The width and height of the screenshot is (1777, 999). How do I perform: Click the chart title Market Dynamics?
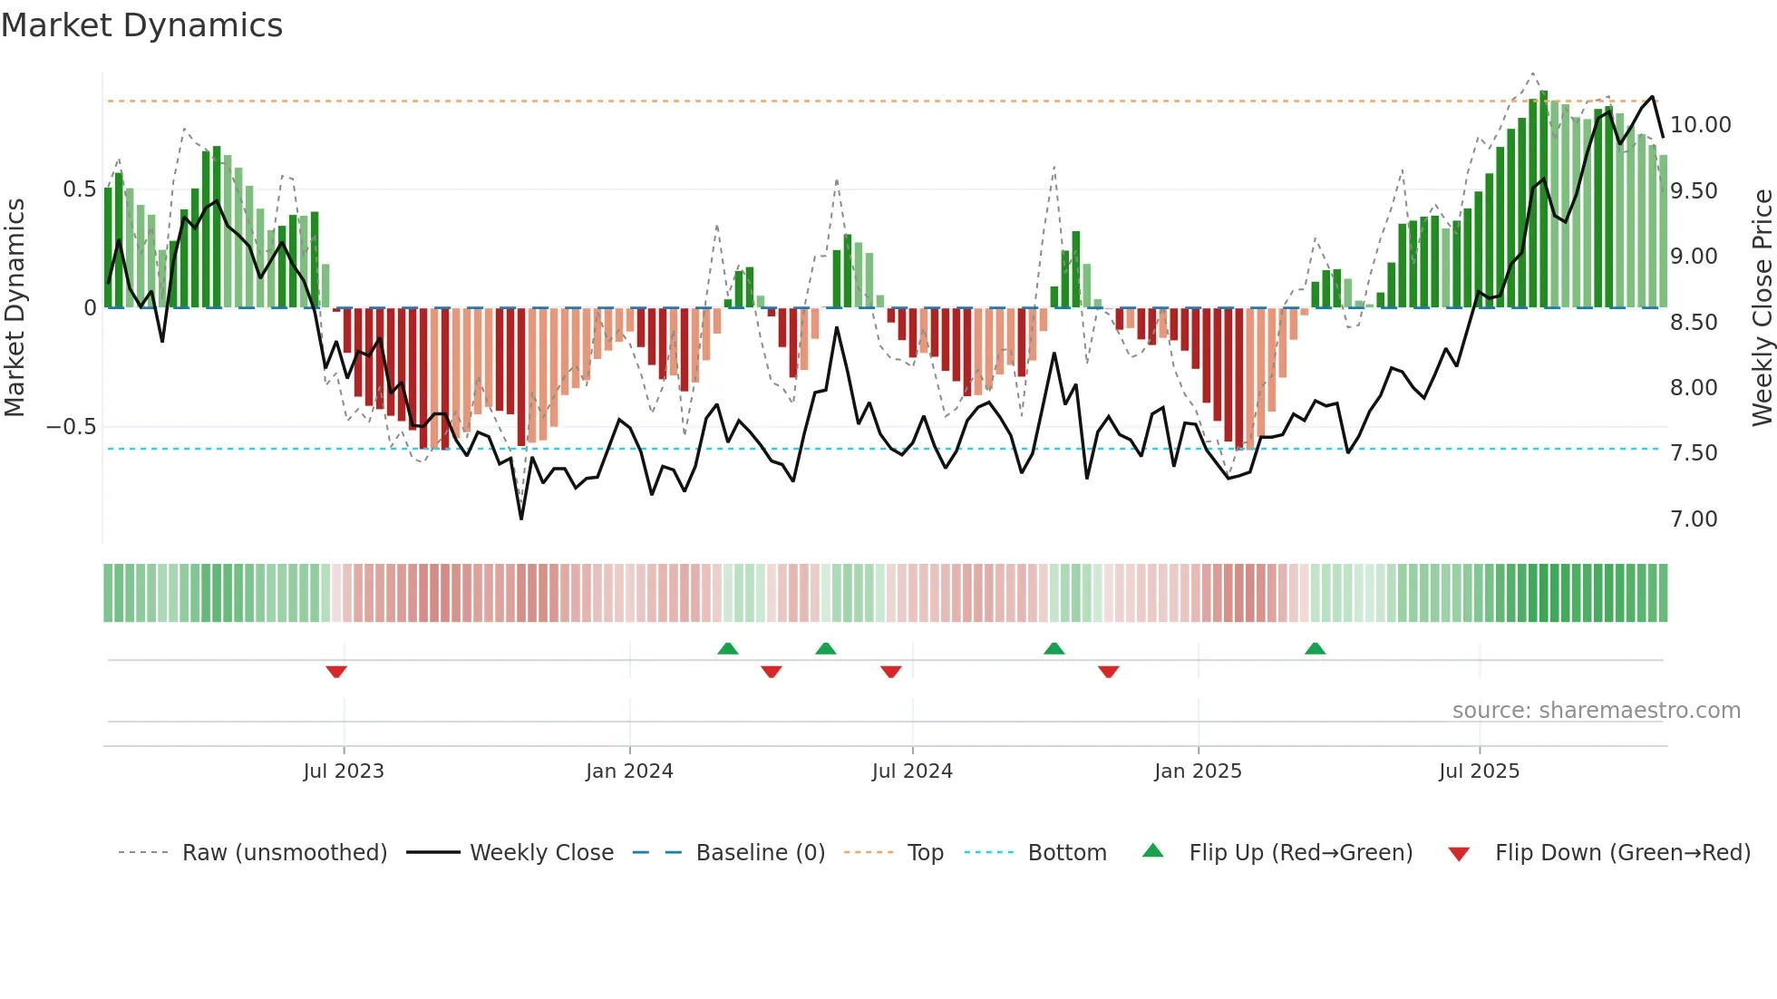pos(141,25)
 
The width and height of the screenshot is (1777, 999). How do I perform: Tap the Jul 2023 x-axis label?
pos(344,771)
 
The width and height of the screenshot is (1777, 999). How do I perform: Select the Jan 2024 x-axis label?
pos(629,771)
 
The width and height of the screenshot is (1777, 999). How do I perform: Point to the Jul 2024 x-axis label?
pos(912,771)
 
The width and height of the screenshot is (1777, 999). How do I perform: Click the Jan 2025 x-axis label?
pos(1198,771)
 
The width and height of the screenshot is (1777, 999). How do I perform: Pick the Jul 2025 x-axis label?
pos(1479,771)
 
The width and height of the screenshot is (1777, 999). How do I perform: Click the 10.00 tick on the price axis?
pos(1700,125)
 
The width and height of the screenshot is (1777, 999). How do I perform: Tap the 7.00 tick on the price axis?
pos(1694,519)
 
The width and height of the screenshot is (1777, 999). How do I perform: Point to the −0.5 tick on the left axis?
pos(72,427)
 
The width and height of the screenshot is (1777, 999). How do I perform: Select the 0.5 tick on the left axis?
pos(79,189)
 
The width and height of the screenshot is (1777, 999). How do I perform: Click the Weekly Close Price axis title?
pos(1762,307)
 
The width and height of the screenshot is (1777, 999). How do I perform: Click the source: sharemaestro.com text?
pos(1596,711)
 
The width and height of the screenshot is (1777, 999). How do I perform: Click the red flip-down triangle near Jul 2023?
pos(336,672)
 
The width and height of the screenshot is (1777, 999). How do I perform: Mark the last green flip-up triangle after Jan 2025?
pos(1315,648)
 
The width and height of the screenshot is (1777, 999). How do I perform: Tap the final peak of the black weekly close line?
pos(1652,97)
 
